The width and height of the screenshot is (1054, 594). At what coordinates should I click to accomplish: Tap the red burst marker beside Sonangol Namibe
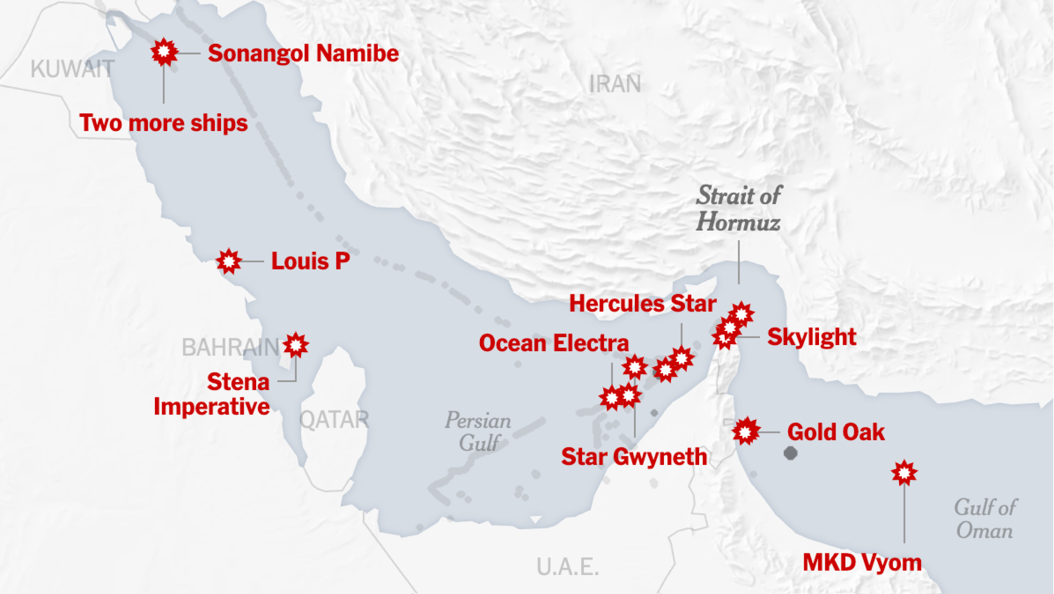164,52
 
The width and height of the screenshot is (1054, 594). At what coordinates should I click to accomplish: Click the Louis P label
311,261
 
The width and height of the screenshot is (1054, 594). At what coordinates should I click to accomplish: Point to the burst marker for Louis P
229,261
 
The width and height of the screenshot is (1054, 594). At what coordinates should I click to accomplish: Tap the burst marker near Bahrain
296,345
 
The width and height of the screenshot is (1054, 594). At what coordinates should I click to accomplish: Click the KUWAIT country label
72,69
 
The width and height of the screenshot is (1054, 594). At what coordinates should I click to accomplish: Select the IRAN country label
614,84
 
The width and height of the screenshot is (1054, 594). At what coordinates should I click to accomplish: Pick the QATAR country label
334,420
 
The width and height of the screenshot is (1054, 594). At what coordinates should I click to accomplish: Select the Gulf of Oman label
984,519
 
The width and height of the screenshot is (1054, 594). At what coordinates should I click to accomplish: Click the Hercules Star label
642,304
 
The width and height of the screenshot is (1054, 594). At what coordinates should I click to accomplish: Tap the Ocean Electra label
554,343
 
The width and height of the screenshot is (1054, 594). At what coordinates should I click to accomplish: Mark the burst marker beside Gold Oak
746,432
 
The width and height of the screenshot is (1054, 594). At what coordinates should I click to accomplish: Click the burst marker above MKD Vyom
904,473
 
